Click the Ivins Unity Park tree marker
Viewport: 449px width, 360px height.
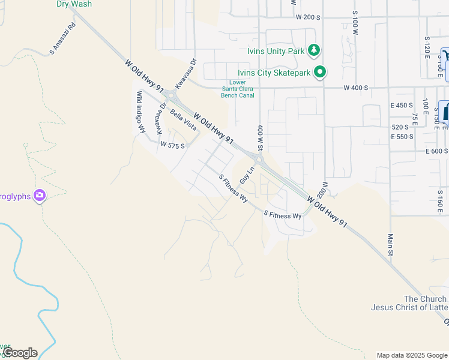313,50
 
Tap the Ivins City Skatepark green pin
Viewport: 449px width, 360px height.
321,73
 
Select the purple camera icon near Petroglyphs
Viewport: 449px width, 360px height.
40,195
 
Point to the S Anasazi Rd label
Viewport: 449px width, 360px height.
64,39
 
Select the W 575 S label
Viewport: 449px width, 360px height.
172,145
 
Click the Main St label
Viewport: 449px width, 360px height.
390,247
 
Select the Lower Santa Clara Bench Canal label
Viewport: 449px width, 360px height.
242,89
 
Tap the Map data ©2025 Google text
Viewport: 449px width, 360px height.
412,355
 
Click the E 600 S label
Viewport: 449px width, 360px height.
437,151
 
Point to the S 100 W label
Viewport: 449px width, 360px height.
355,22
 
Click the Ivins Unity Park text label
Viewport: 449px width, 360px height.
276,51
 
